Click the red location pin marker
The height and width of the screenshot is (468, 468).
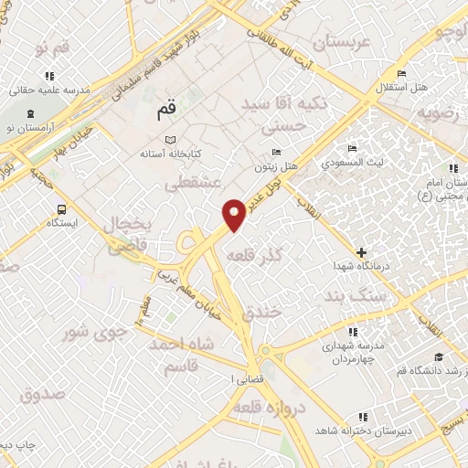click(x=235, y=214)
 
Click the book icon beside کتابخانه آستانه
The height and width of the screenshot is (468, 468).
click(x=169, y=140)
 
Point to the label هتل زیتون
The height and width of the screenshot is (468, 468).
click(x=276, y=169)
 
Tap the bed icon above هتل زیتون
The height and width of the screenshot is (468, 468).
click(x=277, y=152)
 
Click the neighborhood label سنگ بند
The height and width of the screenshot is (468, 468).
click(x=350, y=297)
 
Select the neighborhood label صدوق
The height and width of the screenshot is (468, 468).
click(x=42, y=396)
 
